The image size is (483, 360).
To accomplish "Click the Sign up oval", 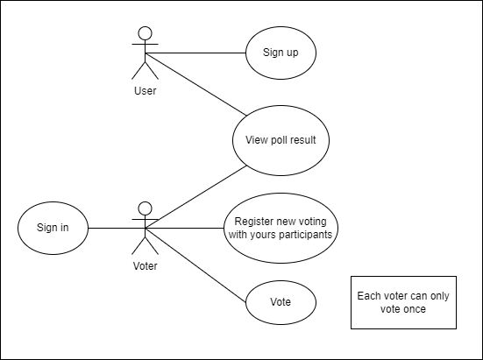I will (x=280, y=53).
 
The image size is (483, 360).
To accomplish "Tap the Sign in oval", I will (x=53, y=229).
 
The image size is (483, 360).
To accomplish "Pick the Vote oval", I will (x=280, y=302).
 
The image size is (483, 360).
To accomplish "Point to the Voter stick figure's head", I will (x=146, y=209).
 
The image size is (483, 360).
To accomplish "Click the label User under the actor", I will (x=146, y=89).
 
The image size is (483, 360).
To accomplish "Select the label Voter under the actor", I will (x=146, y=265).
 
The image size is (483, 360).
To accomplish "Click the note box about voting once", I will (x=403, y=302).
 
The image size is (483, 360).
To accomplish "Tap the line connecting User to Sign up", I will (x=197, y=53).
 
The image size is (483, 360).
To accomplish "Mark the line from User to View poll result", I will (x=197, y=85).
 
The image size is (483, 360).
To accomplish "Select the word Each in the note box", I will (x=370, y=296).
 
